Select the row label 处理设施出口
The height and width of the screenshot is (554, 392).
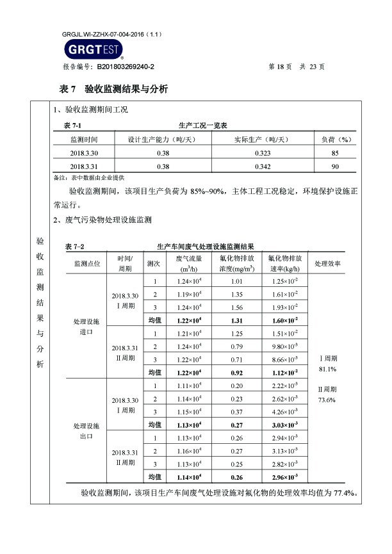coord(86,430)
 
